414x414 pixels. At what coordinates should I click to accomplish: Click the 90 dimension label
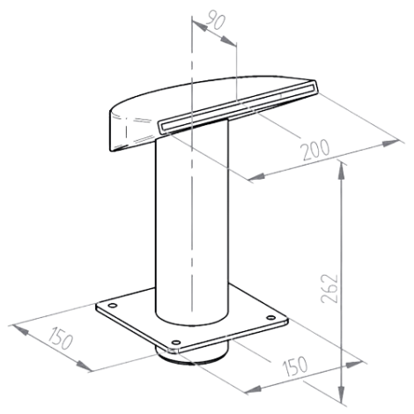coord(215,20)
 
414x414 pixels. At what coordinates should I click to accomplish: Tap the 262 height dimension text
coord(329,289)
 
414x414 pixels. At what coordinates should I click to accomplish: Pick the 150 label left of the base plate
coord(61,338)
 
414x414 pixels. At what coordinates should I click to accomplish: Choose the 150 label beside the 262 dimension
coord(295,366)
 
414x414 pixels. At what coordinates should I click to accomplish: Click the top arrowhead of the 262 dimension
coord(341,169)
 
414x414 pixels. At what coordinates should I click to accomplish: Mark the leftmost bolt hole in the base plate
coord(112,306)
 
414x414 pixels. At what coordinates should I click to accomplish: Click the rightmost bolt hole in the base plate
coord(270,317)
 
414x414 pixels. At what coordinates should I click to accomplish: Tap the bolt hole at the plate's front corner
coord(176,343)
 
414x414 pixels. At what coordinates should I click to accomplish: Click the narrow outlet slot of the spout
coord(237,106)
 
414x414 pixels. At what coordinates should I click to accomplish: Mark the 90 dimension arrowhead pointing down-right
coord(228,41)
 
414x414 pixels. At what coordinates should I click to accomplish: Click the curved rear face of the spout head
coord(132,132)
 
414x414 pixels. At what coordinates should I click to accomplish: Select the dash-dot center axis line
coord(191,165)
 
